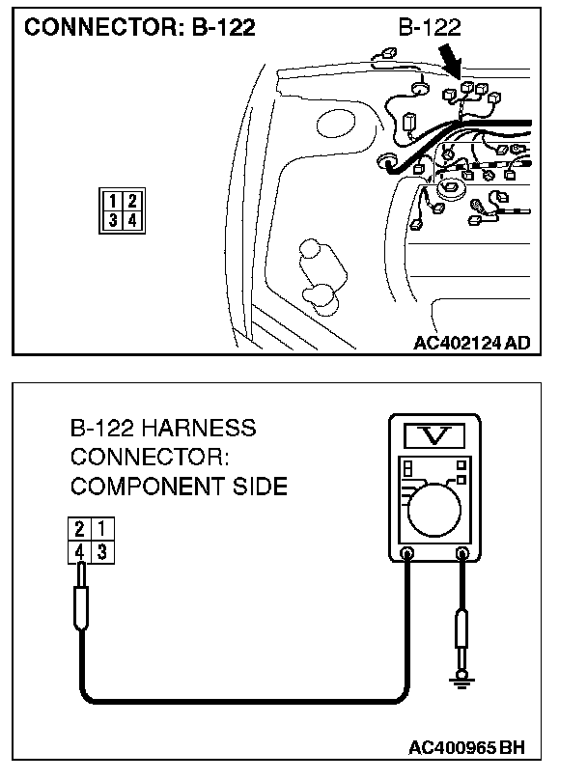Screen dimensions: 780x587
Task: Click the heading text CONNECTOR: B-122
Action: point(139,28)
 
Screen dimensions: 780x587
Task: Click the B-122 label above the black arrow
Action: point(427,28)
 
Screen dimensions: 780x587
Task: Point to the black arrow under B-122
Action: point(451,61)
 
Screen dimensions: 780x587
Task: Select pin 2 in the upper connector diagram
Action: point(131,202)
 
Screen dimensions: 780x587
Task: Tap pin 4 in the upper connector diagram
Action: point(131,220)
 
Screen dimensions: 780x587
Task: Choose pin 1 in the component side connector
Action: point(99,529)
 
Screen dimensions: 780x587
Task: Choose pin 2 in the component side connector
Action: point(81,529)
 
